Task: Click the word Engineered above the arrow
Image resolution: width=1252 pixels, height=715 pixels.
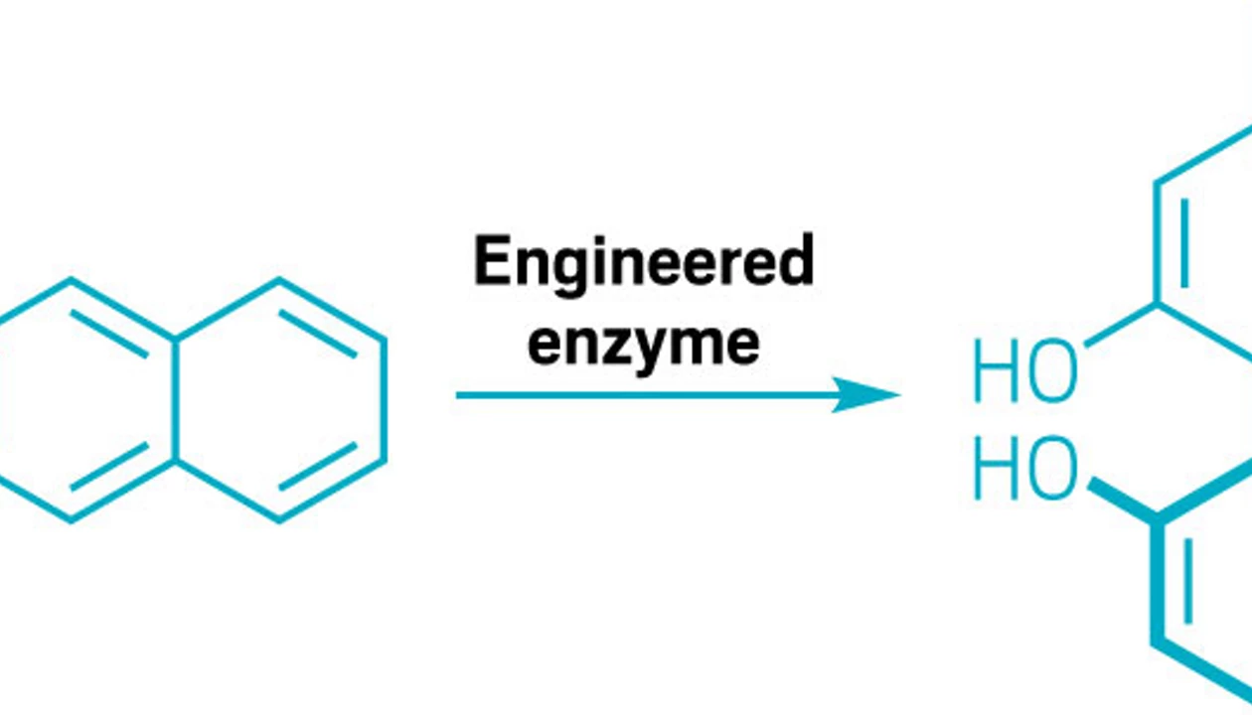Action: [644, 263]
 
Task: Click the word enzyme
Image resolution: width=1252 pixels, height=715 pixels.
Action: [644, 343]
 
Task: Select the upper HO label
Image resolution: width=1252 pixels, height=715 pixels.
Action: [1024, 371]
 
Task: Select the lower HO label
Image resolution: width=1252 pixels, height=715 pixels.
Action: [1024, 469]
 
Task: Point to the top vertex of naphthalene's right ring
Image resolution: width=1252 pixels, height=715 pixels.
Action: [279, 281]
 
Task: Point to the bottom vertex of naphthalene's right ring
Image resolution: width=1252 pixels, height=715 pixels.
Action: [279, 519]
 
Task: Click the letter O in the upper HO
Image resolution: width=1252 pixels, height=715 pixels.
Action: [1053, 371]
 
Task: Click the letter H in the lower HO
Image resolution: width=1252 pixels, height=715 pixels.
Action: [994, 469]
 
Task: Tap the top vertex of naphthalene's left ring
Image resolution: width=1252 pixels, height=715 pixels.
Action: [71, 281]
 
